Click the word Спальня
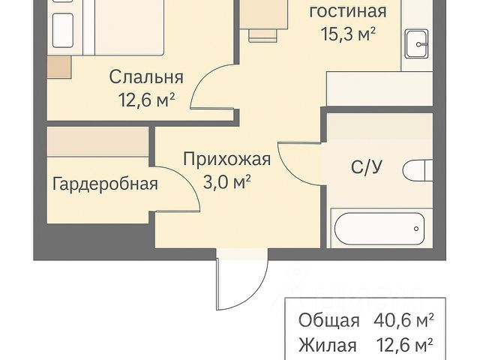click(146, 77)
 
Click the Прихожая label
click(226, 159)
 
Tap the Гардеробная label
click(105, 183)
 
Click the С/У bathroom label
click(367, 168)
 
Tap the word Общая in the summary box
click(328, 320)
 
